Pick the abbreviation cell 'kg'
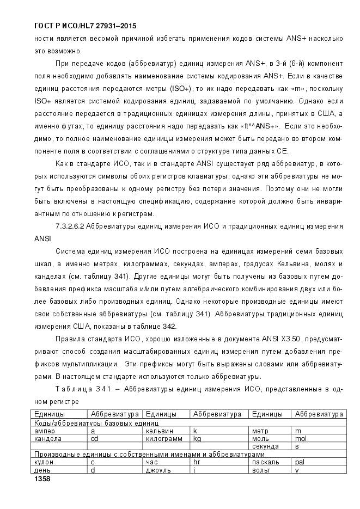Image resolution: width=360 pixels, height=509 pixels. [197, 438]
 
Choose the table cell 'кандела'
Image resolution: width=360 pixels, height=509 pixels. [48, 438]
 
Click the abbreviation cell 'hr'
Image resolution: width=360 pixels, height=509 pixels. [197, 462]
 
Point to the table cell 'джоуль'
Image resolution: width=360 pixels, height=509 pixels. [158, 470]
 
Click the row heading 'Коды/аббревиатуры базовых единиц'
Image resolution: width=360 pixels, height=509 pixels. [96, 422]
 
